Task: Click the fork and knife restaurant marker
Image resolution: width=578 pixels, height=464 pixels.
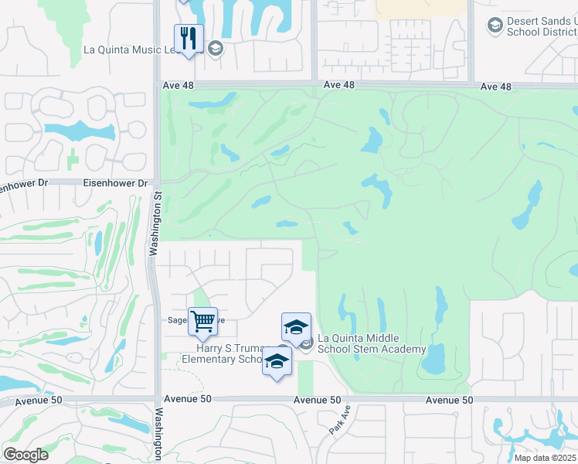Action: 189,38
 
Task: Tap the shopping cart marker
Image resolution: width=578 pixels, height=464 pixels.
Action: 202,320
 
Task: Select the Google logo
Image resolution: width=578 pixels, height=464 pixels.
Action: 25,454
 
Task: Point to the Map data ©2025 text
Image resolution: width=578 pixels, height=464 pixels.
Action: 546,458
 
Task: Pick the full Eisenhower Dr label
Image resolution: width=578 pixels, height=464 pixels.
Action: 121,184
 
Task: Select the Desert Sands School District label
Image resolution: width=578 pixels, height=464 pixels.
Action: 542,27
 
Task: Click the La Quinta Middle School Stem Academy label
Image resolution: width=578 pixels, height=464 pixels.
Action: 372,343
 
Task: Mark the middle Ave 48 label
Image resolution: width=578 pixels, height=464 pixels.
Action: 339,84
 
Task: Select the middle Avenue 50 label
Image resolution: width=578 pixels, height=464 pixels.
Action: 317,400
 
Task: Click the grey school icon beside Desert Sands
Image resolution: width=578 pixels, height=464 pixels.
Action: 495,26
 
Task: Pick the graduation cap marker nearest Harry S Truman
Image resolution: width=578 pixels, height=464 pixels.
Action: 277,361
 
